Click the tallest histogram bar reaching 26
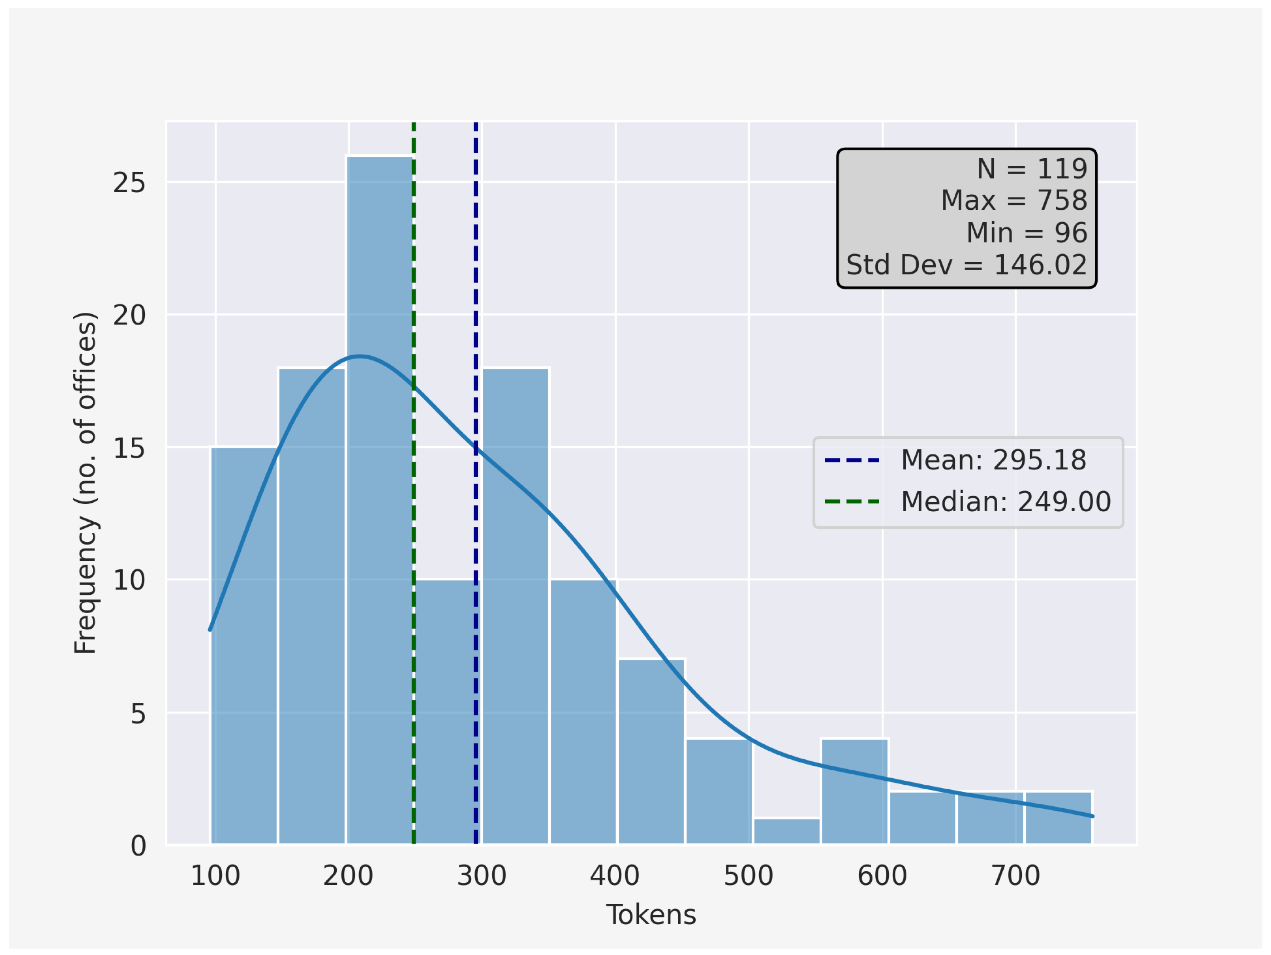(x=379, y=500)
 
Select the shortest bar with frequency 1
(x=787, y=832)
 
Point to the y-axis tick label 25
(x=129, y=183)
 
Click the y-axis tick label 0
(x=138, y=846)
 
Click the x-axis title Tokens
(x=651, y=915)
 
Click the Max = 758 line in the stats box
(x=1014, y=200)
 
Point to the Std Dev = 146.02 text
(x=966, y=265)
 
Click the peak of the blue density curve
(x=360, y=357)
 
